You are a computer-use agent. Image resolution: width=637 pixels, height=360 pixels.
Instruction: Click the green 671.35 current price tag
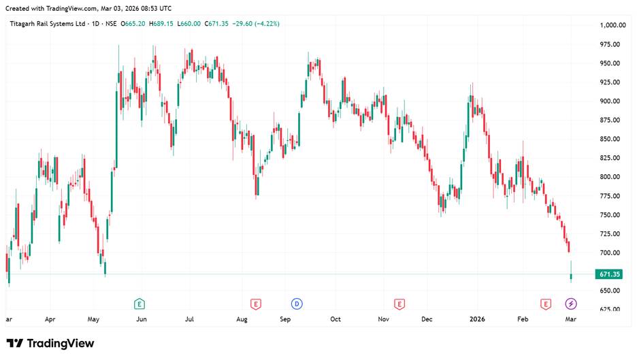click(x=608, y=274)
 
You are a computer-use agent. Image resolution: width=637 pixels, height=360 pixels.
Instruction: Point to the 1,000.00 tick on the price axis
click(x=612, y=25)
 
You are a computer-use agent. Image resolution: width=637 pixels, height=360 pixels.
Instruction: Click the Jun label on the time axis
click(x=142, y=318)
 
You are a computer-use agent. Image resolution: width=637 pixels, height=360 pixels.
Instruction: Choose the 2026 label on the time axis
click(x=477, y=318)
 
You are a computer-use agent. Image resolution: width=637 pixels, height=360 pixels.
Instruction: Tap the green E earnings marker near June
click(x=140, y=303)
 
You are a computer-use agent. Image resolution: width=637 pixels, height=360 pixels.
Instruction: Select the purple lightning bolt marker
click(x=571, y=303)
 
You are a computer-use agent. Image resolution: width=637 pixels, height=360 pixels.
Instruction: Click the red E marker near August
click(x=256, y=303)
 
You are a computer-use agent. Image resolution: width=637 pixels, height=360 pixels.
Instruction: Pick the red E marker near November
click(x=399, y=303)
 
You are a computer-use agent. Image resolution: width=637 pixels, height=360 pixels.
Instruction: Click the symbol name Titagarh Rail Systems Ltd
click(x=48, y=24)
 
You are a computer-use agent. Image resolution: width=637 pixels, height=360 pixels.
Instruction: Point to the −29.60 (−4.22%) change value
click(x=257, y=24)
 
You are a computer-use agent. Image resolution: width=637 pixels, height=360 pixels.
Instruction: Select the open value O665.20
click(x=133, y=24)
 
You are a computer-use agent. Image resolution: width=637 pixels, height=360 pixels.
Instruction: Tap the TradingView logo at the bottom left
click(x=50, y=344)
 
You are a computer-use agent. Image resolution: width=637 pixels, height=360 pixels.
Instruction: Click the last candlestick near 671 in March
click(x=571, y=276)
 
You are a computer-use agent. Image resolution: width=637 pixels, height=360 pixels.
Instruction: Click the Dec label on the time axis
click(x=427, y=318)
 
